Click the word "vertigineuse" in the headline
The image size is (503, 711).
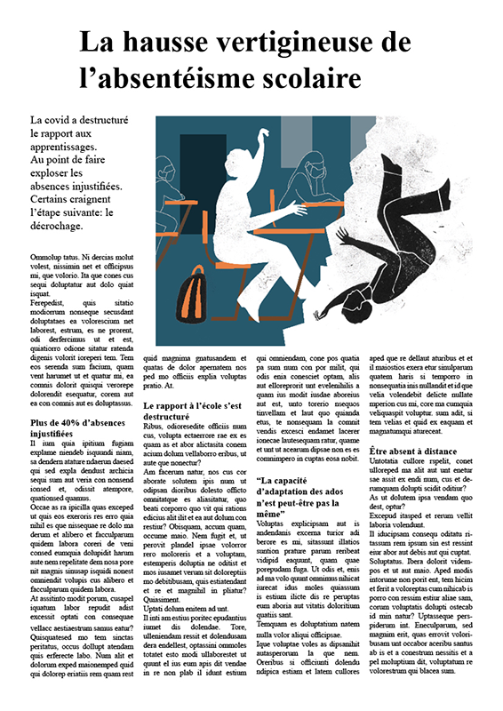click(x=267, y=41)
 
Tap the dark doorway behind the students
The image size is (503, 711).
click(x=202, y=164)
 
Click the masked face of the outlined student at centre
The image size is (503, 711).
click(x=312, y=169)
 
